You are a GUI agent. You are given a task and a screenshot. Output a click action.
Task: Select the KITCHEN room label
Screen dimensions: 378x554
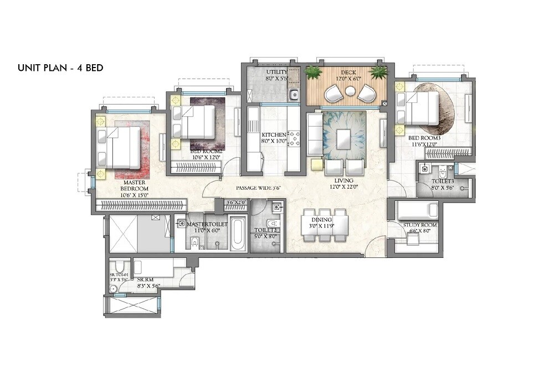tap(274, 135)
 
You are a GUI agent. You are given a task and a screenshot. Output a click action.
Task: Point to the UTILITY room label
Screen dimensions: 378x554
tap(276, 73)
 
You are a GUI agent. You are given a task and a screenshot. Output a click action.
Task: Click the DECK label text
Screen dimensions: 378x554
tap(348, 73)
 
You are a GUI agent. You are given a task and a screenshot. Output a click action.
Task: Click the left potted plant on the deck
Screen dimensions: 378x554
tap(314, 73)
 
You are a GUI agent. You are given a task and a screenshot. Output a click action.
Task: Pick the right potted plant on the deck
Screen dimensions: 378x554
tap(379, 73)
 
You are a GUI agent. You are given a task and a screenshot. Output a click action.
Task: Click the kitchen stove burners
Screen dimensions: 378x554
tap(294, 138)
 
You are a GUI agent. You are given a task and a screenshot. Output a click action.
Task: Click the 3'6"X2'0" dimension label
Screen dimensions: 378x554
tap(237, 203)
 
